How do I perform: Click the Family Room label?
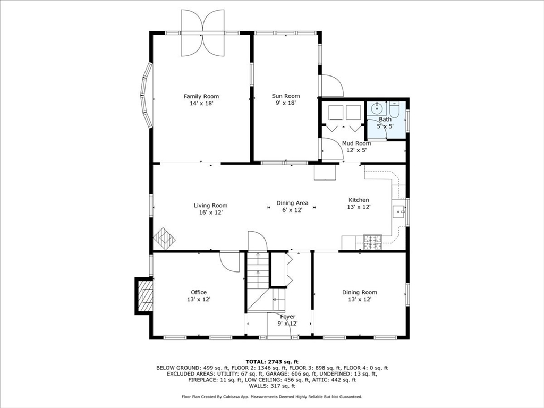[201, 97]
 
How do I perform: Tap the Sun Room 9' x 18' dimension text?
[285, 103]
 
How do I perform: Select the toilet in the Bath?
[395, 109]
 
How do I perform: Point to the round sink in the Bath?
[377, 109]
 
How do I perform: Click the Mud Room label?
[356, 143]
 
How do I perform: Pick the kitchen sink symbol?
[398, 211]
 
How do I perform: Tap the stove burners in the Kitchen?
[372, 242]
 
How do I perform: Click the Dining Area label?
[292, 203]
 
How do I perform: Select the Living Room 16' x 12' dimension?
[210, 212]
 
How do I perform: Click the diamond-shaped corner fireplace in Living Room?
[165, 239]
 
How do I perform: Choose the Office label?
[199, 293]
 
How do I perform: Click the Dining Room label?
[360, 293]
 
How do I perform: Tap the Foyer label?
[287, 317]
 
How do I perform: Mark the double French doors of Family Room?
[202, 33]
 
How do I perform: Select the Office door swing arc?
[229, 262]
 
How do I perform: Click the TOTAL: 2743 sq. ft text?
[272, 361]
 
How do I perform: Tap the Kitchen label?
[359, 200]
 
